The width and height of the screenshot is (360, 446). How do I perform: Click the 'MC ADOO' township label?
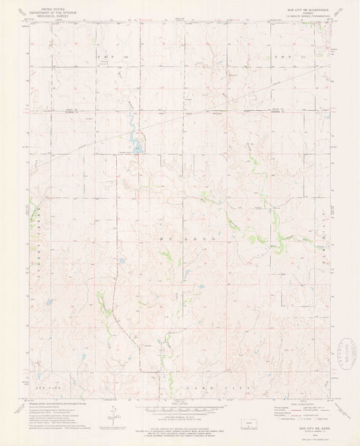click(x=182, y=239)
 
